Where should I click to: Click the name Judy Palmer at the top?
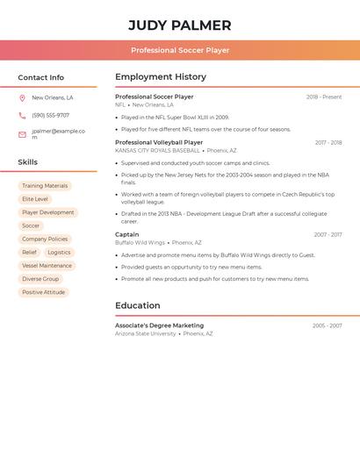pyautogui.click(x=180, y=25)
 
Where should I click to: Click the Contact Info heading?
pyautogui.click(x=40, y=77)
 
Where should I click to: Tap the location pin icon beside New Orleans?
pyautogui.click(x=22, y=98)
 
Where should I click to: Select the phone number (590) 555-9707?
pyautogui.click(x=50, y=115)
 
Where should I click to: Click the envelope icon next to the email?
pyautogui.click(x=22, y=134)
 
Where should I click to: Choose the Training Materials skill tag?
pyautogui.click(x=45, y=186)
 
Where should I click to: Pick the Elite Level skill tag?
pyautogui.click(x=35, y=199)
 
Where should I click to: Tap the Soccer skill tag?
pyautogui.click(x=31, y=225)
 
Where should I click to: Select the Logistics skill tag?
pyautogui.click(x=59, y=253)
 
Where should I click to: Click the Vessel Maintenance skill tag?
pyautogui.click(x=47, y=266)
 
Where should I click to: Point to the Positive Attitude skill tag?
pyautogui.click(x=43, y=292)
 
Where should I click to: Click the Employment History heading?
pyautogui.click(x=161, y=77)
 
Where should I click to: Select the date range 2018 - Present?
pyautogui.click(x=324, y=97)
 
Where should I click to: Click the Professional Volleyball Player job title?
pyautogui.click(x=159, y=142)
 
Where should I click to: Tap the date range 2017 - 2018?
pyautogui.click(x=328, y=143)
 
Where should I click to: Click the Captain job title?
pyautogui.click(x=127, y=234)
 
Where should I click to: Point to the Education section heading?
pyautogui.click(x=138, y=306)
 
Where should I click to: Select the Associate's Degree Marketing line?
pyautogui.click(x=159, y=325)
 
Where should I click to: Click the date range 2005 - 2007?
pyautogui.click(x=327, y=326)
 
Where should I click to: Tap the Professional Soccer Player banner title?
pyautogui.click(x=180, y=50)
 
